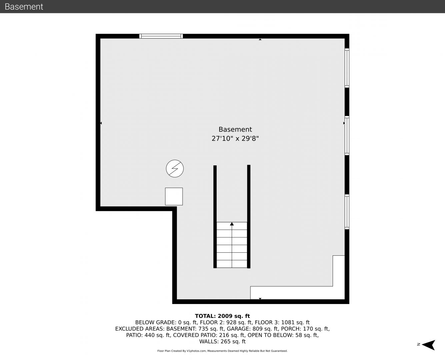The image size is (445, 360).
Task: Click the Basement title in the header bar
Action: point(24,7)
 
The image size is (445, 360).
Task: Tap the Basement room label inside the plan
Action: point(235,129)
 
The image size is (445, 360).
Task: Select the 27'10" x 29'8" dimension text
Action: point(235,139)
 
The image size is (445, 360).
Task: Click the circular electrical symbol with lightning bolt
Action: point(175,169)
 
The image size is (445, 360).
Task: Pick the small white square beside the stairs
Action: point(174,196)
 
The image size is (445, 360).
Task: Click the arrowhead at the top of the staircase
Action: point(232,224)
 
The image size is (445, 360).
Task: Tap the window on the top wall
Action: point(161,36)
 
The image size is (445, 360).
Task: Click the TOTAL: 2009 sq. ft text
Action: point(222,316)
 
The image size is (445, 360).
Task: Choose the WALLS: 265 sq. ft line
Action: point(222,341)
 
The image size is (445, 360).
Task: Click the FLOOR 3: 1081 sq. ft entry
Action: point(282,322)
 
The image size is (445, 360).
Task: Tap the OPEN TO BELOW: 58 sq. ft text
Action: point(283,335)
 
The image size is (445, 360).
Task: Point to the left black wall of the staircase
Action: point(215,217)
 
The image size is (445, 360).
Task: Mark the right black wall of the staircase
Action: point(249,216)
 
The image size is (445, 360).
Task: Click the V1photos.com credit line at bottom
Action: point(222,351)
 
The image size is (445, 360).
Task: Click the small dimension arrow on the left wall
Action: point(101,123)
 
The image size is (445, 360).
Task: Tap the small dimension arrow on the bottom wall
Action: point(260,299)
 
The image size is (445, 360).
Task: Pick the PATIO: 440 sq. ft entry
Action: point(149,335)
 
